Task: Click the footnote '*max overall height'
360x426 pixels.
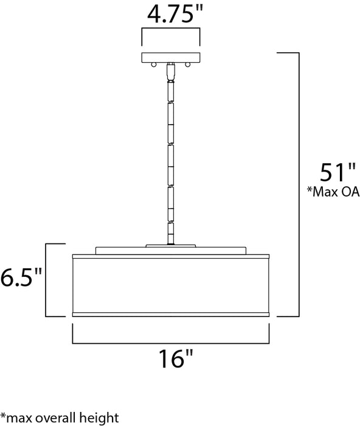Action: (x=59, y=417)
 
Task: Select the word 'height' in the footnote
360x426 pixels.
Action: (x=100, y=417)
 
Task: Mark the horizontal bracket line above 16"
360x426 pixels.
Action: (x=171, y=342)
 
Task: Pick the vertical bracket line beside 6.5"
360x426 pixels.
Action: (x=47, y=280)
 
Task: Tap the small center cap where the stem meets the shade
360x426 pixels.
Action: (x=171, y=245)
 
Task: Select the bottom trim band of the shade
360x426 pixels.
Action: (x=171, y=314)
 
